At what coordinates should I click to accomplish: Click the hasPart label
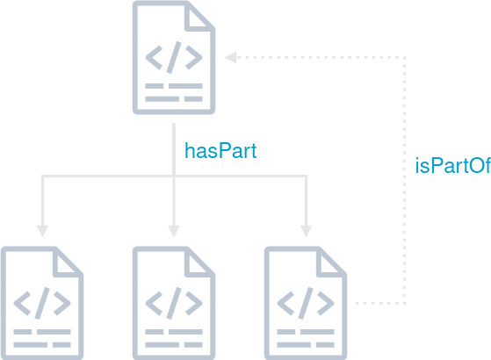click(x=220, y=150)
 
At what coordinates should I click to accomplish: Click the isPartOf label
click(x=451, y=166)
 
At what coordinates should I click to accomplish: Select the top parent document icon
click(x=174, y=57)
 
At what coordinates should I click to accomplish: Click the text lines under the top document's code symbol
click(x=174, y=92)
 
